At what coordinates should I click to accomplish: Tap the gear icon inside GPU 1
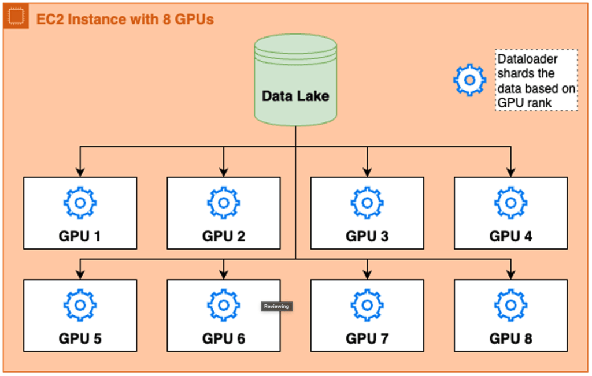[80, 203]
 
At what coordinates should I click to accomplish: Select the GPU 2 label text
[224, 236]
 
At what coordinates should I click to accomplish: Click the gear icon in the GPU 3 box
[367, 203]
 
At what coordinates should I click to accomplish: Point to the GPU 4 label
[510, 236]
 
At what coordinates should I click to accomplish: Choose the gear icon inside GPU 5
[80, 305]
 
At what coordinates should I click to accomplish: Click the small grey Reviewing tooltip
[276, 306]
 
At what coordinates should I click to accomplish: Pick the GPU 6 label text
[224, 338]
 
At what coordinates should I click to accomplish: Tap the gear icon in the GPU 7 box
[367, 305]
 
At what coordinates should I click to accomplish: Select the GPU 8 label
[510, 338]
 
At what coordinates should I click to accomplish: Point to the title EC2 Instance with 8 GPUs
[125, 19]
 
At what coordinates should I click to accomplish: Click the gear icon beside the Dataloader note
[470, 80]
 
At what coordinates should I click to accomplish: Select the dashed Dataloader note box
[536, 80]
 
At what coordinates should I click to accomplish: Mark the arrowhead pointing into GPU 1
[80, 172]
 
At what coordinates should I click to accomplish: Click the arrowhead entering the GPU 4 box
[510, 172]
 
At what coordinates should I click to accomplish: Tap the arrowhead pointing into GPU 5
[80, 274]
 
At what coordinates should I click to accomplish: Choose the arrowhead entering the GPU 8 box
[510, 274]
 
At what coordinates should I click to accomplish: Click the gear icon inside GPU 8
[510, 305]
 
